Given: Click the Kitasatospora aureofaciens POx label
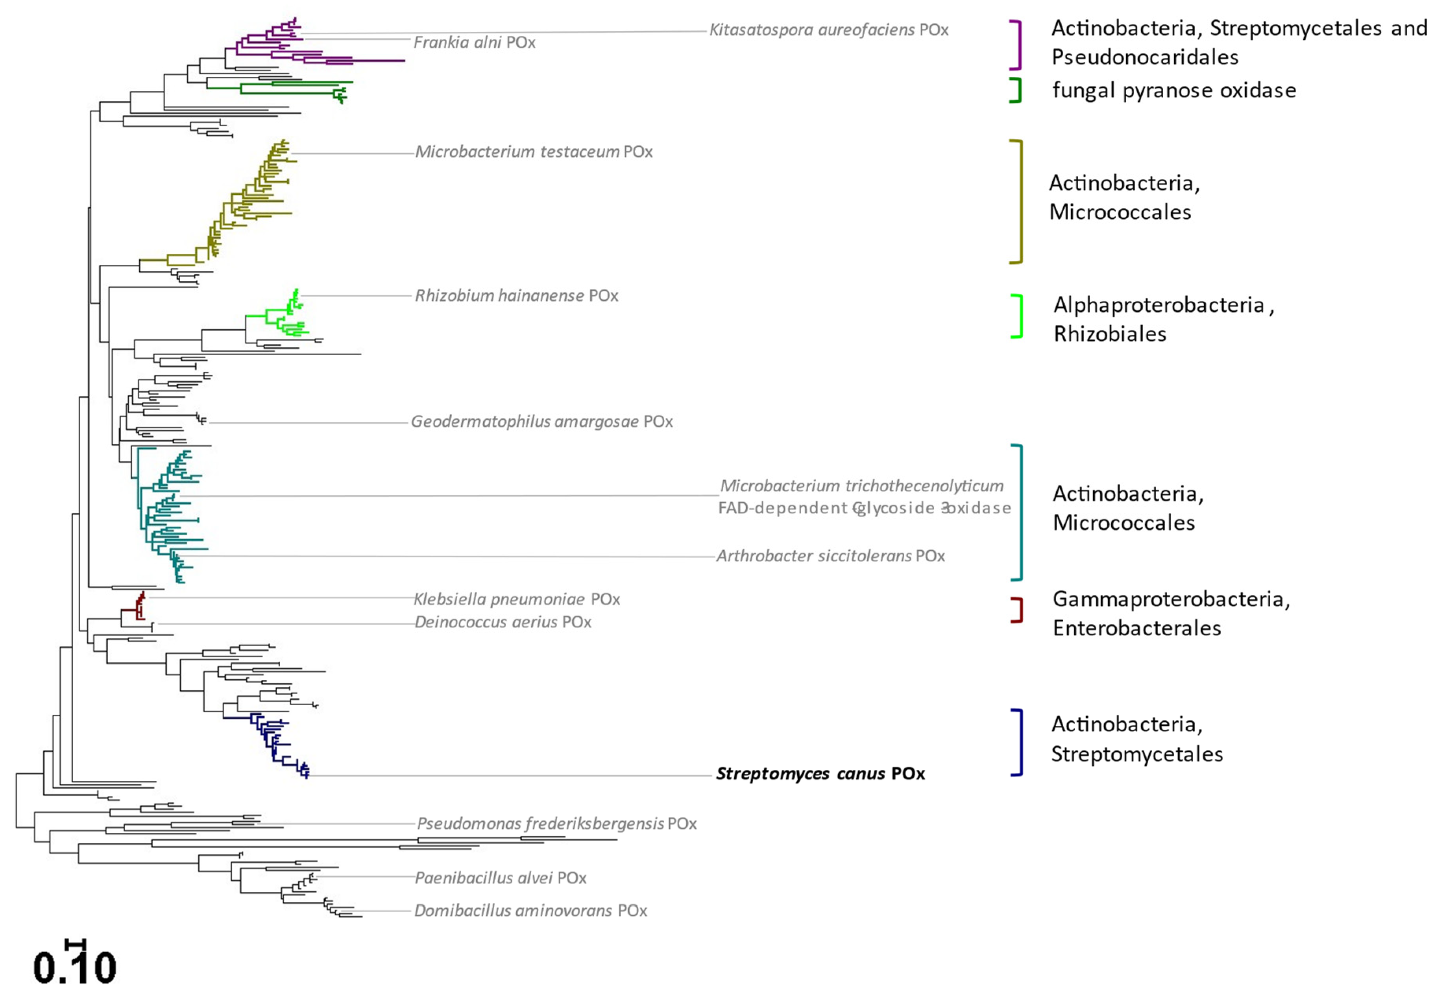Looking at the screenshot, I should pos(828,30).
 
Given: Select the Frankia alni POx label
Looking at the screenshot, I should pos(474,42).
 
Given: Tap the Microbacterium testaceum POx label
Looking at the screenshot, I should pos(533,152).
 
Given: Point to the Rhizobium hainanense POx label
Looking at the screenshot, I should pos(516,296).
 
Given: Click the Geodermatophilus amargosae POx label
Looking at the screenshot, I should pos(541,422).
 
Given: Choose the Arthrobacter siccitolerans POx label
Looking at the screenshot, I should pos(830,556).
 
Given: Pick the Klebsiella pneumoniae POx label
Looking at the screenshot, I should pos(516,599).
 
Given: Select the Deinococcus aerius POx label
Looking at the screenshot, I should pos(503,622).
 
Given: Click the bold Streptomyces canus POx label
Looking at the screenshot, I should pos(820,773).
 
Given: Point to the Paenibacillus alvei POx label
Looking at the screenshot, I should pos(500,878).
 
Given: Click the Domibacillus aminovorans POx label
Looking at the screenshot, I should pos(530,911).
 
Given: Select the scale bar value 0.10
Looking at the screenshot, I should pos(75,968).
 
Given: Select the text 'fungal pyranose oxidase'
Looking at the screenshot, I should pos(1173,91).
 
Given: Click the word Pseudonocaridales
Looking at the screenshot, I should pos(1144,58).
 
